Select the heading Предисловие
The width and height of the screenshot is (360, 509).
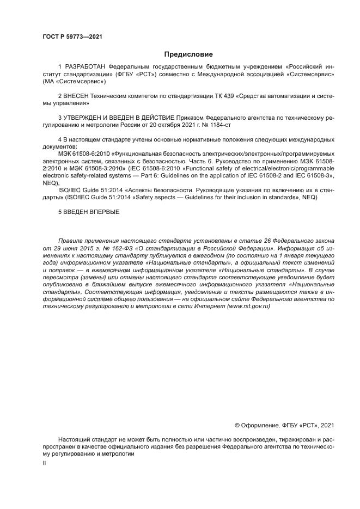pyautogui.click(x=188, y=54)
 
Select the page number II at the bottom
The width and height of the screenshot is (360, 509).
pyautogui.click(x=45, y=463)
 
